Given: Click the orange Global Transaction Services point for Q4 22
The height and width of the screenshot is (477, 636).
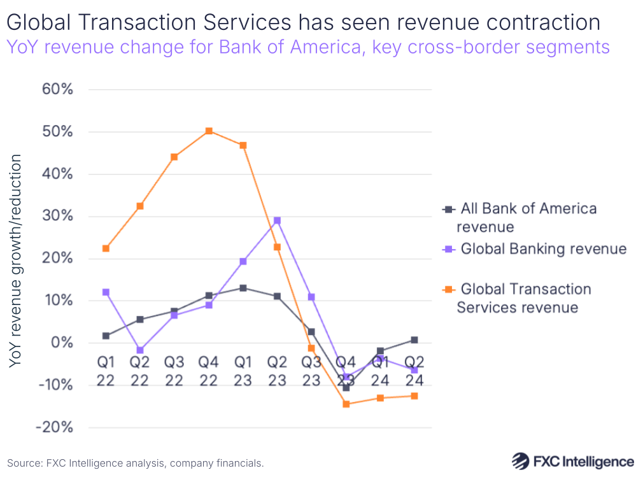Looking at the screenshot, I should point(208,131).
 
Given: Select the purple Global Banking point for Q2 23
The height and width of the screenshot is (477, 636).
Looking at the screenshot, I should point(277,220).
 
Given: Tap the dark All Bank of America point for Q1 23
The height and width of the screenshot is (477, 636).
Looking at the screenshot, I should point(243,288).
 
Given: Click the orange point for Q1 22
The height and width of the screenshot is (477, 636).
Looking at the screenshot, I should point(106,248).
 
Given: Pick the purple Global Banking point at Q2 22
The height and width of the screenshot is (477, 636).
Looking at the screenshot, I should point(140,350).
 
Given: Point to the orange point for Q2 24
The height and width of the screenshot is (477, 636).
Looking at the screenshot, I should point(414,396).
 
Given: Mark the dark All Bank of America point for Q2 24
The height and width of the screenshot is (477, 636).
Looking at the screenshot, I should point(414,340).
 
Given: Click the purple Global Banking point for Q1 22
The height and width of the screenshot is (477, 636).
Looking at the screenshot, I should point(106,292).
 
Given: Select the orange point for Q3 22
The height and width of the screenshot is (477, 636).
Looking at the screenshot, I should point(174,157).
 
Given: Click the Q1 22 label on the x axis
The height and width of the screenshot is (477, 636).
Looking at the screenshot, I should point(106,371).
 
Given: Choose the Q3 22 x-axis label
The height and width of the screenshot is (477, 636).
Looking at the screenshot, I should point(174,371).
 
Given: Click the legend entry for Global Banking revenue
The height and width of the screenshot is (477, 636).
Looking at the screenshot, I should point(543,249).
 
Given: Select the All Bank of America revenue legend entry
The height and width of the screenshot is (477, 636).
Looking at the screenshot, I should point(528,217).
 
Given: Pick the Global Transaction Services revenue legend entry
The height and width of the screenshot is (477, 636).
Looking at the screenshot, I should point(526,298).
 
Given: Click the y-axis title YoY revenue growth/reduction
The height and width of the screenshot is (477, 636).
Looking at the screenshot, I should point(17,260).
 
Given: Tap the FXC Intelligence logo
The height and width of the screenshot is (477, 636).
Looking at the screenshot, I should point(572,460).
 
